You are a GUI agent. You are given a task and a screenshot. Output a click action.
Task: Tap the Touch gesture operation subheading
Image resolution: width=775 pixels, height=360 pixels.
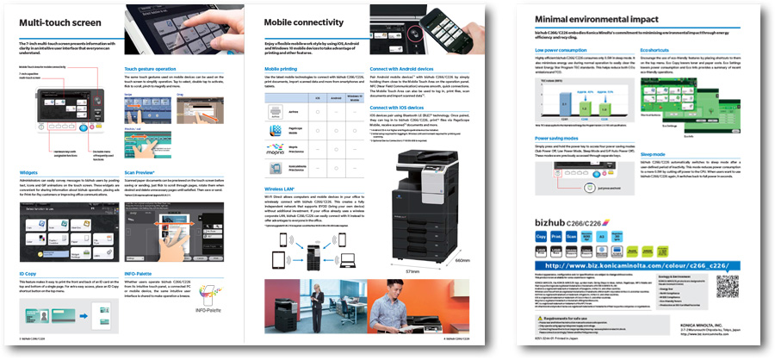click(x=152, y=66)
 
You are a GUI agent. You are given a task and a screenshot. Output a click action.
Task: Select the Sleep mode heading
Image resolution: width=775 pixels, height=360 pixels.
click(x=654, y=153)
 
